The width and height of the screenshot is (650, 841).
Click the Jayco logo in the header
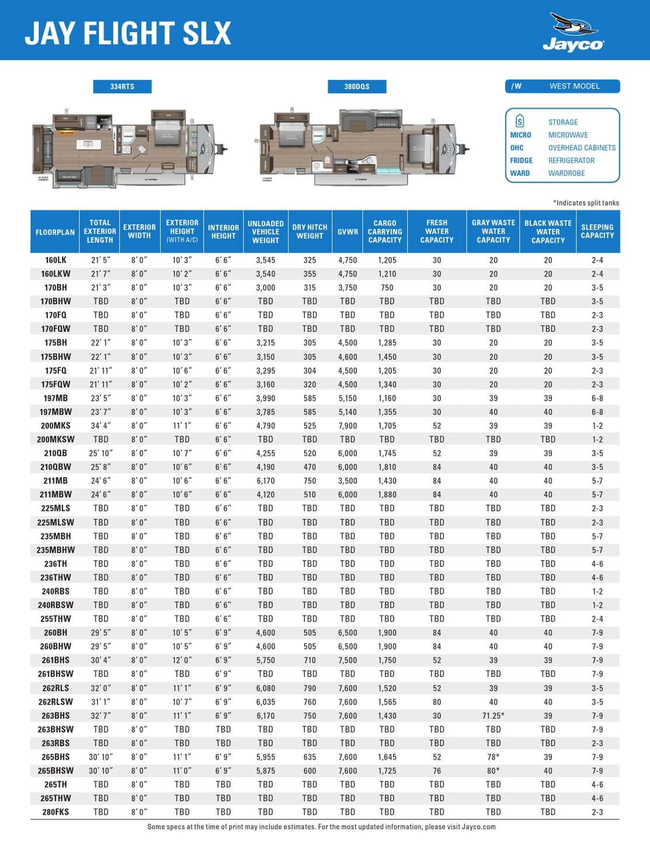tap(573, 33)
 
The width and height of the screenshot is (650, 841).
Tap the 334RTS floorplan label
tap(122, 86)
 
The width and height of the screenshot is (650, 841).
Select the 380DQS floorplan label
tap(356, 86)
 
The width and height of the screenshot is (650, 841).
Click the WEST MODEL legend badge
tap(562, 86)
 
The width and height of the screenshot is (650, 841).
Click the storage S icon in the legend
tap(520, 121)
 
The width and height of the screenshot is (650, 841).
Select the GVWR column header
tap(347, 232)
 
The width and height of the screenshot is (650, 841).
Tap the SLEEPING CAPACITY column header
tap(597, 231)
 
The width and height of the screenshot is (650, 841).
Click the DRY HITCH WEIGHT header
tap(310, 231)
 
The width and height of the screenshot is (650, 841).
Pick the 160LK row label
tap(55, 260)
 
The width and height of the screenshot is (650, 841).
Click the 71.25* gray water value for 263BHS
tap(493, 715)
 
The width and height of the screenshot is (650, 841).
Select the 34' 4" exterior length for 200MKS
tap(100, 426)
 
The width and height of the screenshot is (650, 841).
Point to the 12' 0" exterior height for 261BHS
tap(182, 660)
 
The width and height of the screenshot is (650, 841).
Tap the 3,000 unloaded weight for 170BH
tap(265, 287)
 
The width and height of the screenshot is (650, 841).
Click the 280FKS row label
tap(55, 812)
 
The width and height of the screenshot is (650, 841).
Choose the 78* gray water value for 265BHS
tap(493, 757)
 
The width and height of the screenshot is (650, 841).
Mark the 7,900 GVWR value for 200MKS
tap(347, 426)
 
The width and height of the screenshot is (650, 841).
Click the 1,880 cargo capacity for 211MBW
tap(387, 495)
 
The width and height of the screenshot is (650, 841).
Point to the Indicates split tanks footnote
tap(586, 203)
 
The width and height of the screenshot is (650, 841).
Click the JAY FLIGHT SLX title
tap(128, 33)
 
